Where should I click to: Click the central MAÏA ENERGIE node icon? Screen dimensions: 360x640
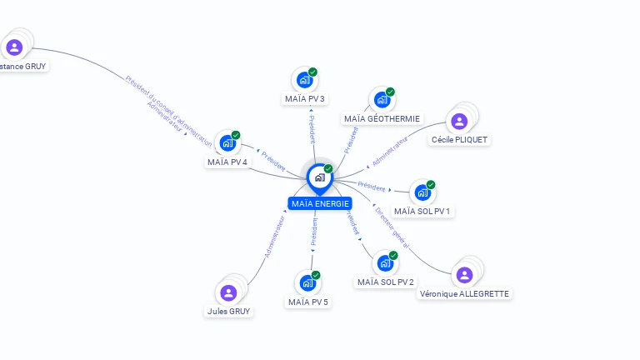pos(319,177)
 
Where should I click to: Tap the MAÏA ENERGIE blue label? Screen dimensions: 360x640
pos(320,203)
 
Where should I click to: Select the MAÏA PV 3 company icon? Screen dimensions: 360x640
pos(305,81)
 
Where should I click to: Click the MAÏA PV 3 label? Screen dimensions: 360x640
pos(305,98)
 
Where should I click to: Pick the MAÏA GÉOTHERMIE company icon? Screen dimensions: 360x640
pos(382,100)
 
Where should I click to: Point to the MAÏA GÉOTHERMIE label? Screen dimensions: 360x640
pos(382,118)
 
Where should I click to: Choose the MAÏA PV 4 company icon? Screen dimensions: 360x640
pos(227,143)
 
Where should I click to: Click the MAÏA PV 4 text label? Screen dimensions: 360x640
pos(227,162)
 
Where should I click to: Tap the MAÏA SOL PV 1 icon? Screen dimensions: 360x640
pos(422,192)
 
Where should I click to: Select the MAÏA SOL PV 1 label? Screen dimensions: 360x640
pos(422,211)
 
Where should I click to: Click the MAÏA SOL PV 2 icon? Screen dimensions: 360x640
pos(385,263)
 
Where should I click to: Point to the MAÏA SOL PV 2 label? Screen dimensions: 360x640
pos(386,282)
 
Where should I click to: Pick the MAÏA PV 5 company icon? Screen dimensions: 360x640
pos(307,283)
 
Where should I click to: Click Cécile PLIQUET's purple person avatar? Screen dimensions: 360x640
pos(459,122)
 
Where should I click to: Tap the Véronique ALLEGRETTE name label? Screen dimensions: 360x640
pos(464,293)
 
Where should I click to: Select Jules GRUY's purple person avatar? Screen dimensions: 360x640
pos(228,292)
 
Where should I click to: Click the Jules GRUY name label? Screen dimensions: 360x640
pos(228,311)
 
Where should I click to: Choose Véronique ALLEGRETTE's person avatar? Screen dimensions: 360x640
pos(465,274)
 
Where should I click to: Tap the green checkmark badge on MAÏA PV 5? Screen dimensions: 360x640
pos(316,275)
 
